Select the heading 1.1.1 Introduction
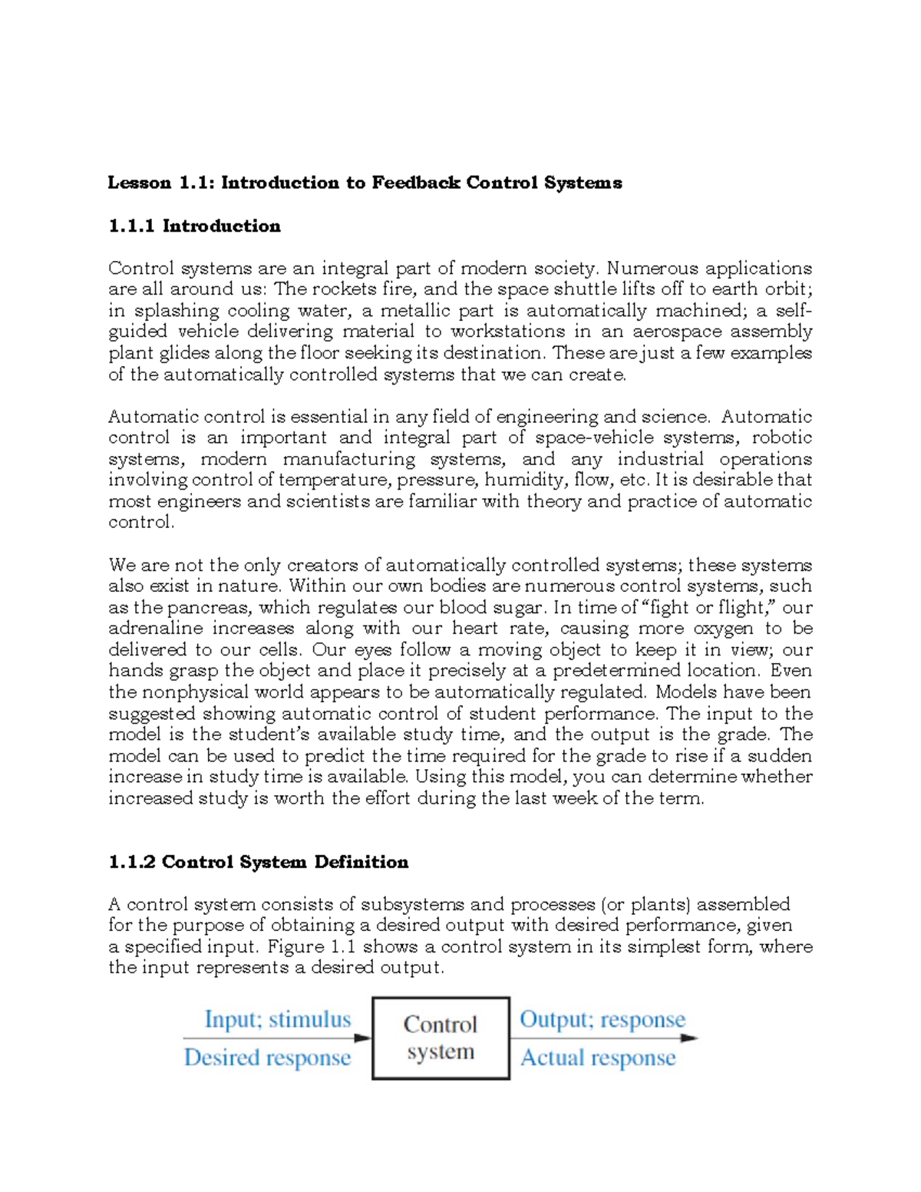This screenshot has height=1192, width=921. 194,226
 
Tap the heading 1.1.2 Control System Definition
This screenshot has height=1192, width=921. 258,862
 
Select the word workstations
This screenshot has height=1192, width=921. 508,332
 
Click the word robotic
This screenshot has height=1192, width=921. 781,438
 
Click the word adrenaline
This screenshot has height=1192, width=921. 156,629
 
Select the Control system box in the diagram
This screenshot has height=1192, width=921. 441,1038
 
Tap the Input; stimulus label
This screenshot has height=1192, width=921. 277,1019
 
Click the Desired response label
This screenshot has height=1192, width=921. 267,1058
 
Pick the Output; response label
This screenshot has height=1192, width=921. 602,1019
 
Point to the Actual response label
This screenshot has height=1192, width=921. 598,1058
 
